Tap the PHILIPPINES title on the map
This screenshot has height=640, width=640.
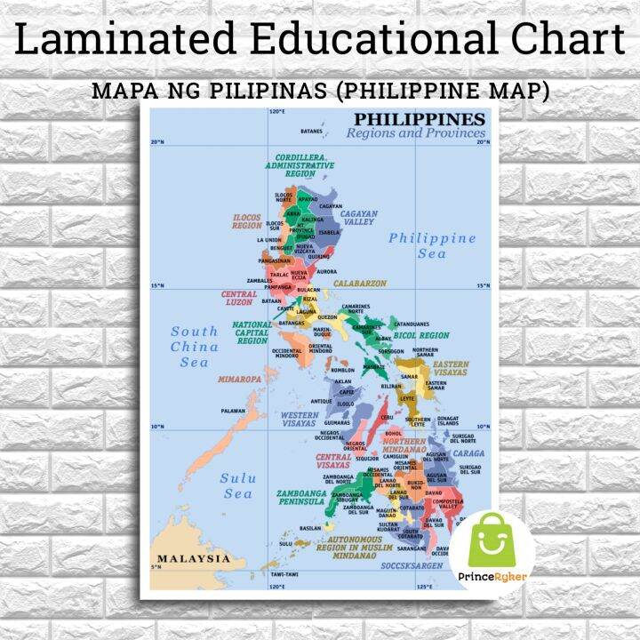pos(420,120)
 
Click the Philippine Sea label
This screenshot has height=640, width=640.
pos(432,246)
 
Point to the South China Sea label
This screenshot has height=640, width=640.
pos(194,347)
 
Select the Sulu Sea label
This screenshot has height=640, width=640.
pos(237,486)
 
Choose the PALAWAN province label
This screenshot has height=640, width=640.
pos(233,411)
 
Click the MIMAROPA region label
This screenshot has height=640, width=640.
pos(240,379)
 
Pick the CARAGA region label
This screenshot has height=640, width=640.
pos(468,452)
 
